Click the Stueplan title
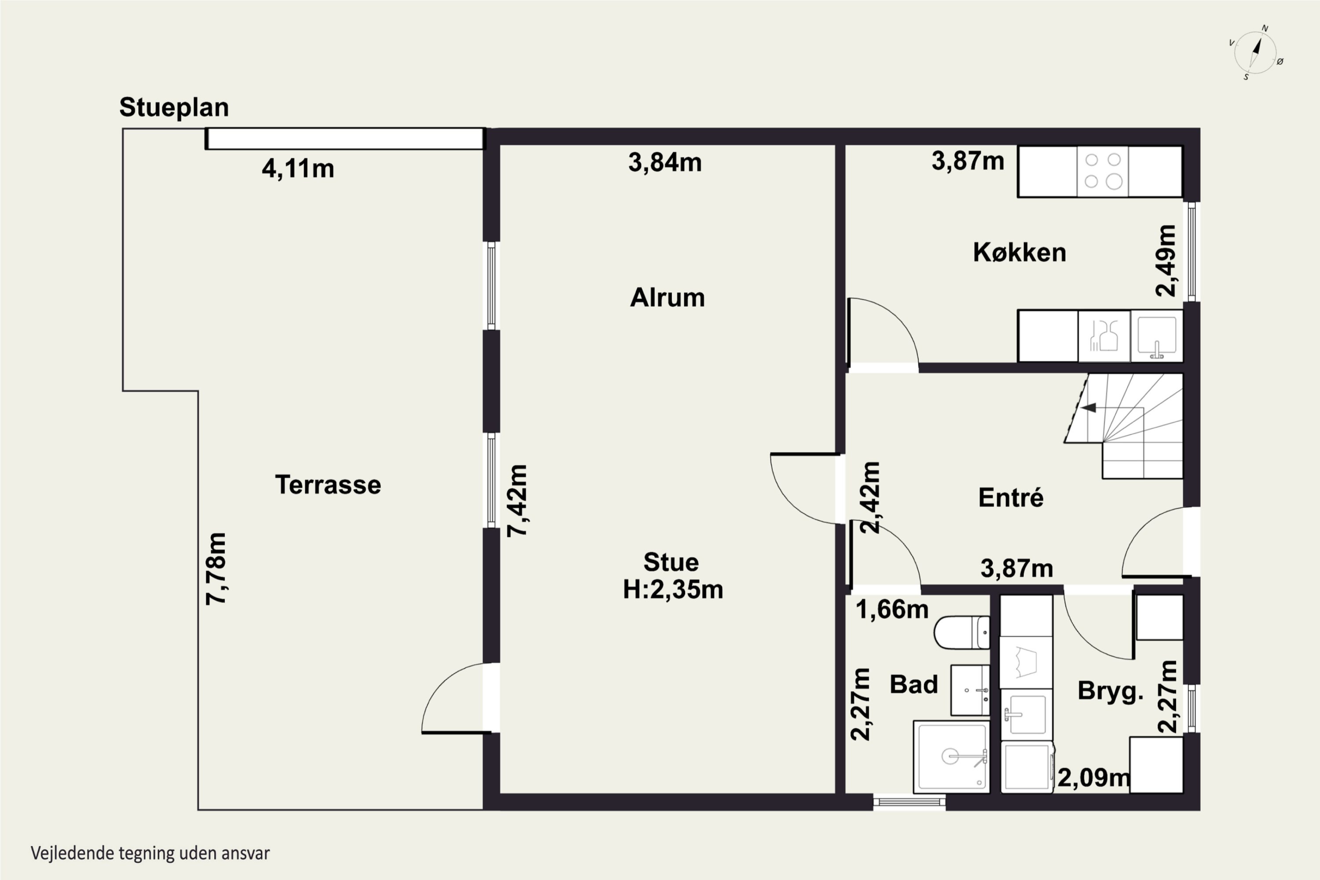(174, 108)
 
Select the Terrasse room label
(328, 485)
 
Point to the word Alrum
(667, 297)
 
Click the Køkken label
(1019, 253)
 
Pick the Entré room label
(1011, 497)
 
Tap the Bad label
(914, 685)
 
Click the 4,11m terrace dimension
(298, 169)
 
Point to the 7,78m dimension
(216, 568)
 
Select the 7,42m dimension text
(517, 501)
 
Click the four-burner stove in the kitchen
(1102, 171)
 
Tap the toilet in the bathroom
(962, 633)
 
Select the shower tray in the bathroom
(951, 757)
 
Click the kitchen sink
(1156, 336)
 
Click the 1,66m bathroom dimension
(892, 609)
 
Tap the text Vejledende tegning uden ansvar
(150, 854)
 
